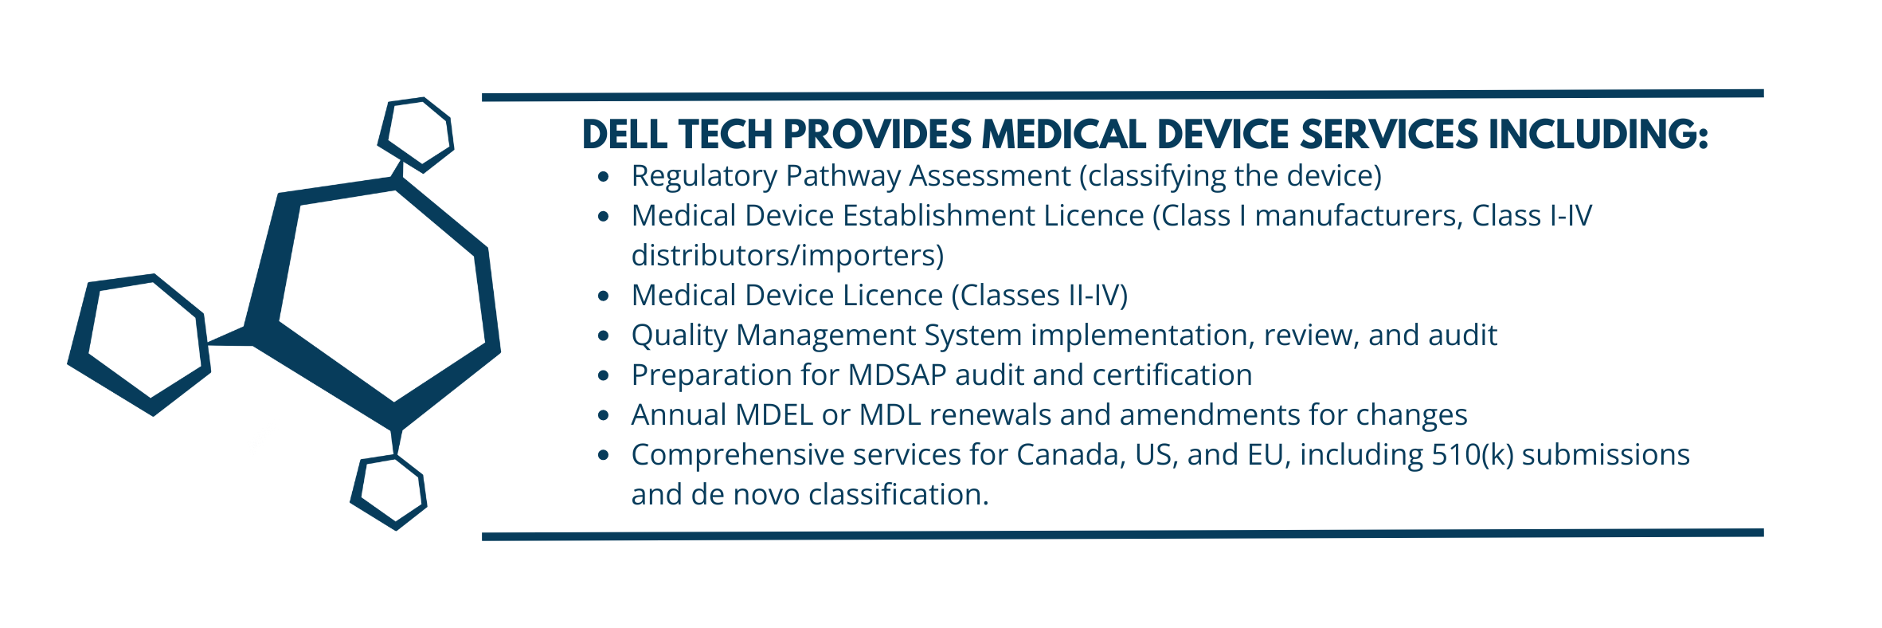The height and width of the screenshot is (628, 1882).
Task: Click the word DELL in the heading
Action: [624, 134]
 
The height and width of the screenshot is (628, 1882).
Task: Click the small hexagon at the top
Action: [417, 134]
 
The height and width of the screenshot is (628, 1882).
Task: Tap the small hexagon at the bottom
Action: [389, 492]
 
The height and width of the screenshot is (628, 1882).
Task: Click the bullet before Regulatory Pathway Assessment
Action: [604, 176]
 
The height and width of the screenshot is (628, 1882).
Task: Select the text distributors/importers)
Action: [787, 256]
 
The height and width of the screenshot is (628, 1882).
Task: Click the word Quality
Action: [679, 336]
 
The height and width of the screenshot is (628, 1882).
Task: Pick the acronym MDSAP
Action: [897, 375]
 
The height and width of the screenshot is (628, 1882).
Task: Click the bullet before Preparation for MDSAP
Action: [604, 375]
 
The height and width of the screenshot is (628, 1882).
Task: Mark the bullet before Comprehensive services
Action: [604, 455]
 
